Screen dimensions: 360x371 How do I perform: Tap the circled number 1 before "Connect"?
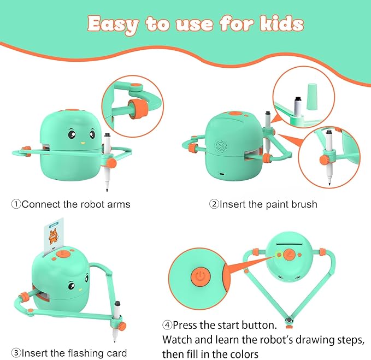click(x=16, y=204)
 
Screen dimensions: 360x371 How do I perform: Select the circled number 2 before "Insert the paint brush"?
click(x=214, y=204)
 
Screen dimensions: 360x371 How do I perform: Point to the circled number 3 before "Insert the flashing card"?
click(x=16, y=352)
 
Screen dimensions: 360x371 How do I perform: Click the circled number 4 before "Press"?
click(x=167, y=325)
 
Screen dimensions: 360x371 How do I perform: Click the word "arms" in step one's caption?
click(x=119, y=204)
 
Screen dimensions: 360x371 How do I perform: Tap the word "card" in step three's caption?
click(x=116, y=352)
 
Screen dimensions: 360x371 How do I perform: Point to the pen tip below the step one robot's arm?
click(x=107, y=189)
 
